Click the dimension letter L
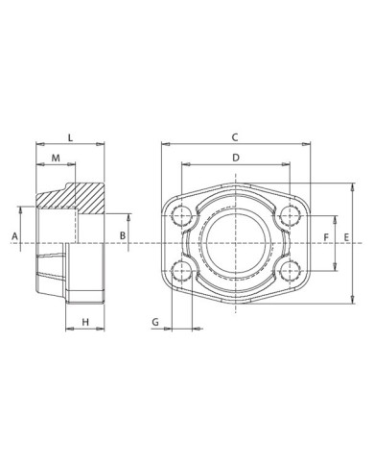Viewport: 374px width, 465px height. (70, 136)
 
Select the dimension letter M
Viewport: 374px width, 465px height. (56, 157)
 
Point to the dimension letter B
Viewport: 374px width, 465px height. (122, 234)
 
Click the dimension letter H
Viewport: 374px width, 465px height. (84, 320)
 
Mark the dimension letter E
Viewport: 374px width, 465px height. (347, 235)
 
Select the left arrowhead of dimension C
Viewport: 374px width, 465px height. (164, 146)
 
